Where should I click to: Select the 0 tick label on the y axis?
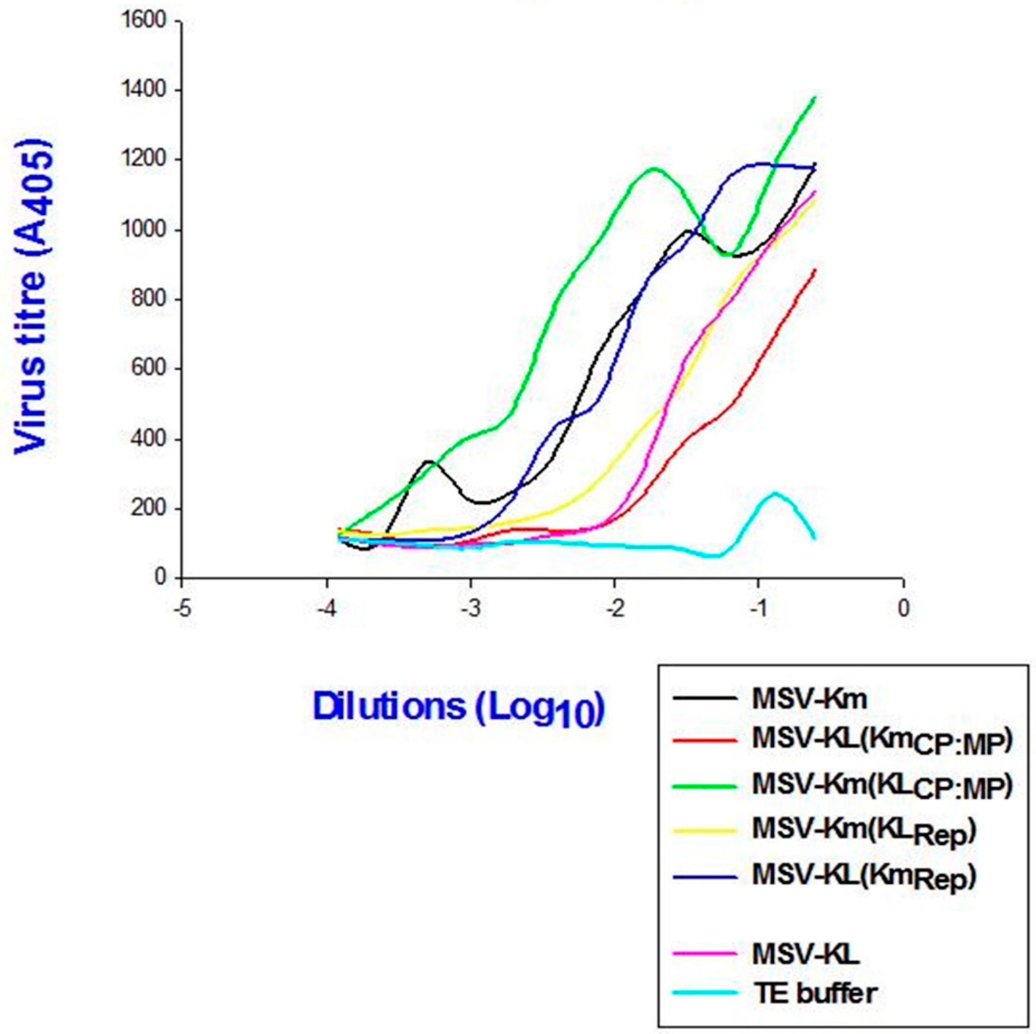coord(161,578)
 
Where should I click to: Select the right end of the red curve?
coord(815,270)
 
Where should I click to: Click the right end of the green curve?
coord(815,97)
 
